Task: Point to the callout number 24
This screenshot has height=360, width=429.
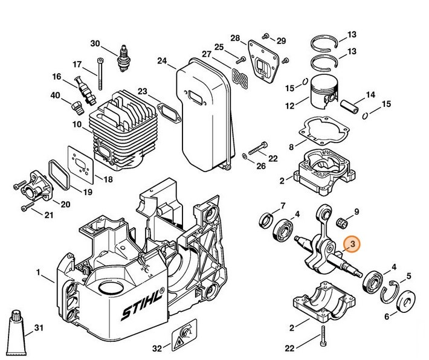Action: coord(161,60)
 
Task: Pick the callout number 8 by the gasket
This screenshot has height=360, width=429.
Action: coord(291,147)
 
